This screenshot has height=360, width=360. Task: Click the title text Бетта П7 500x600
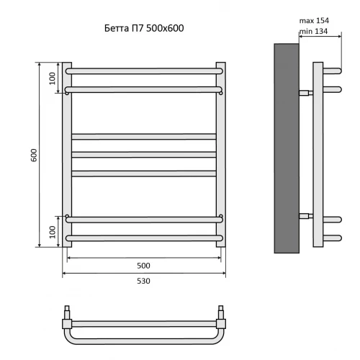click(144, 28)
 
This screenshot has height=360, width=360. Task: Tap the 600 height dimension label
click(34, 155)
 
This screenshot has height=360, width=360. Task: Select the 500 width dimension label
click(143, 266)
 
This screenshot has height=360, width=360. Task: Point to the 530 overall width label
click(143, 281)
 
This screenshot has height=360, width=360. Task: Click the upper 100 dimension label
click(53, 78)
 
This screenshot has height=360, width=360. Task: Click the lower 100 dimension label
click(53, 232)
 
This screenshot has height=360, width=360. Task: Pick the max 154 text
click(314, 21)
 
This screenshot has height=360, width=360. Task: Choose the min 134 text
click(313, 31)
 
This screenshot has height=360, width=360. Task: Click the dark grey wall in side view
click(287, 148)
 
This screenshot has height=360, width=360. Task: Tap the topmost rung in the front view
click(144, 71)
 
